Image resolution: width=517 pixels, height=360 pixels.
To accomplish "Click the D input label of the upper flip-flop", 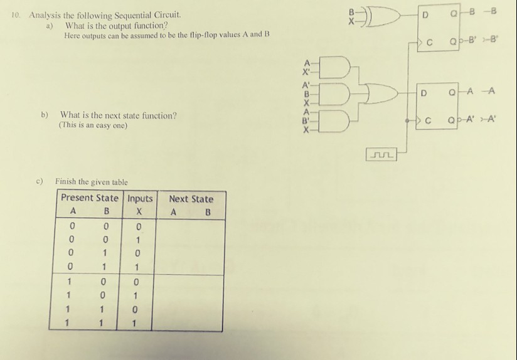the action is pyautogui.click(x=425, y=15).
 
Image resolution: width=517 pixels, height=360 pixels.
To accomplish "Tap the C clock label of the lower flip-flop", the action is pyautogui.click(x=428, y=121).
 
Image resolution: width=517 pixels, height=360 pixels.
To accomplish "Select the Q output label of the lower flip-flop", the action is pyautogui.click(x=451, y=93).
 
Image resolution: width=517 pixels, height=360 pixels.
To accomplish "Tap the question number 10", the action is pyautogui.click(x=15, y=15).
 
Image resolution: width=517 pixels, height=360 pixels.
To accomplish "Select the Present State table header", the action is pyautogui.click(x=90, y=198).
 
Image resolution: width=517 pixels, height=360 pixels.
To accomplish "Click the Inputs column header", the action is pyautogui.click(x=140, y=198).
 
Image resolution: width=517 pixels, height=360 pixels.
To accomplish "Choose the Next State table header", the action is pyautogui.click(x=191, y=199).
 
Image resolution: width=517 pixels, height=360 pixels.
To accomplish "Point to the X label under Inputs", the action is pyautogui.click(x=139, y=211).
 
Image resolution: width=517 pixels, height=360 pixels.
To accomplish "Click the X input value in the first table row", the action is pyautogui.click(x=139, y=227).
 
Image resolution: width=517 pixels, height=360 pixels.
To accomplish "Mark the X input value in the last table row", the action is pyautogui.click(x=134, y=324).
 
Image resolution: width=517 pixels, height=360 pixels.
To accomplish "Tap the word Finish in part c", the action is pyautogui.click(x=66, y=181).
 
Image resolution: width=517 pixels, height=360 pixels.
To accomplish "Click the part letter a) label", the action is pyautogui.click(x=50, y=26).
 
